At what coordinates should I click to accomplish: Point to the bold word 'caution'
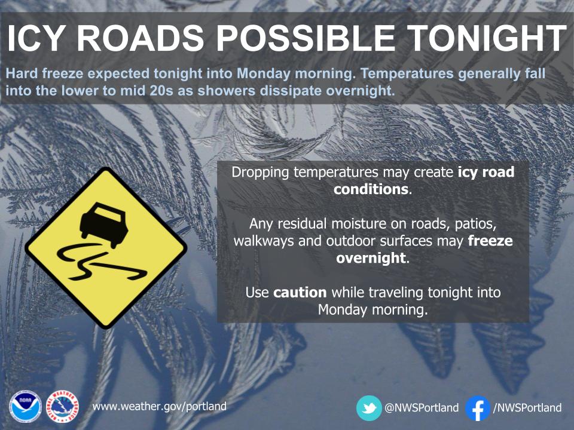click(x=300, y=293)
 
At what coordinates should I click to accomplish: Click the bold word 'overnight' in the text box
click(x=371, y=259)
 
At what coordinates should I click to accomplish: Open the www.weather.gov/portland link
click(x=159, y=407)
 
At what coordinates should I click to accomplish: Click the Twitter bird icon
click(x=369, y=408)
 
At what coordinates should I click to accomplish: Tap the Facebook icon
click(x=477, y=408)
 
